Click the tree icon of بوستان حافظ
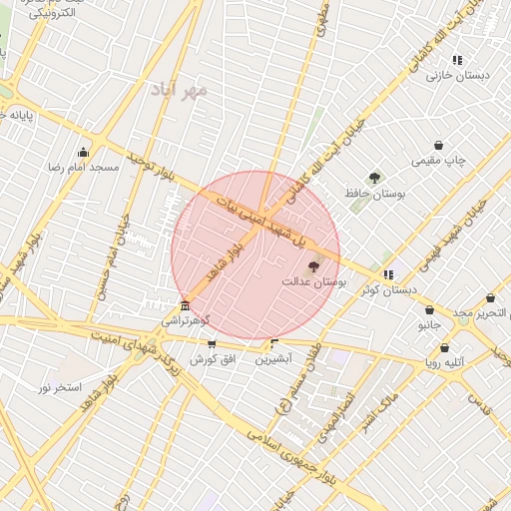[x=374, y=178]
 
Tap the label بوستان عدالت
[x=312, y=282]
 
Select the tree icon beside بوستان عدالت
[x=314, y=267]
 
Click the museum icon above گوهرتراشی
[x=185, y=305]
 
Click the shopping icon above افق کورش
[x=211, y=344]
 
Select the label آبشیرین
[x=272, y=358]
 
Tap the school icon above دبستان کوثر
[x=388, y=274]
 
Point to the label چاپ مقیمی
[x=440, y=160]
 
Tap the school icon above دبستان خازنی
[x=457, y=60]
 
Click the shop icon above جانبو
[x=429, y=310]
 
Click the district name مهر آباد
[x=180, y=91]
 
